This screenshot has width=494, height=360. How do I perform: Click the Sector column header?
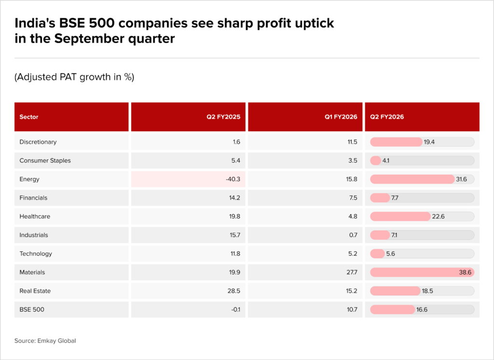29,117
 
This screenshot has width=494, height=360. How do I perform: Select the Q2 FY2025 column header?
227,117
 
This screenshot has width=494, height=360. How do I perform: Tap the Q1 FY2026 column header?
343,117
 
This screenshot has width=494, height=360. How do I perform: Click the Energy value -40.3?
233,179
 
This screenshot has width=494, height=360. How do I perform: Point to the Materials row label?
32,272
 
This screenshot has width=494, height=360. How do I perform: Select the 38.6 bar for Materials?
422,272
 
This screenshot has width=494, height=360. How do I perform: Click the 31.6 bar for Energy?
412,179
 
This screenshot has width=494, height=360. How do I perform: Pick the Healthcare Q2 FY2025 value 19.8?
235,216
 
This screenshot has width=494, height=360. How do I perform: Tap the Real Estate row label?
35,291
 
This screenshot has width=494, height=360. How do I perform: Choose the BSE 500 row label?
32,309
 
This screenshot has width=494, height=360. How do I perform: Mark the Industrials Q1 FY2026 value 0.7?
353,235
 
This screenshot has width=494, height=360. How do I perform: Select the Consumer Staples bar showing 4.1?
376,161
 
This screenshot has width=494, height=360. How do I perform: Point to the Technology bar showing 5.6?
377,254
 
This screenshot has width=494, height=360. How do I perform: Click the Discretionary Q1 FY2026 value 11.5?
352,142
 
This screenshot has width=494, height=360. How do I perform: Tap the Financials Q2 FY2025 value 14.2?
235,198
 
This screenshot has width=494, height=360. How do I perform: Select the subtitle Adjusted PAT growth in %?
74,77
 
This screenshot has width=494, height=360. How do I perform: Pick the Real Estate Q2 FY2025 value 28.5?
235,291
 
